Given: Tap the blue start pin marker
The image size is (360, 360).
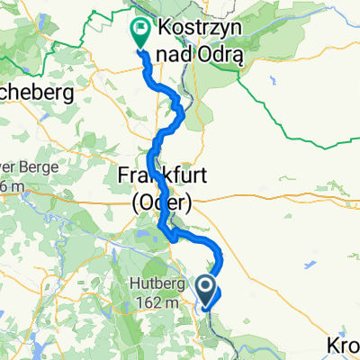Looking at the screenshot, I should [x=206, y=290].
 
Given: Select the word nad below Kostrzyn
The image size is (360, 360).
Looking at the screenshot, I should [x=178, y=49].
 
